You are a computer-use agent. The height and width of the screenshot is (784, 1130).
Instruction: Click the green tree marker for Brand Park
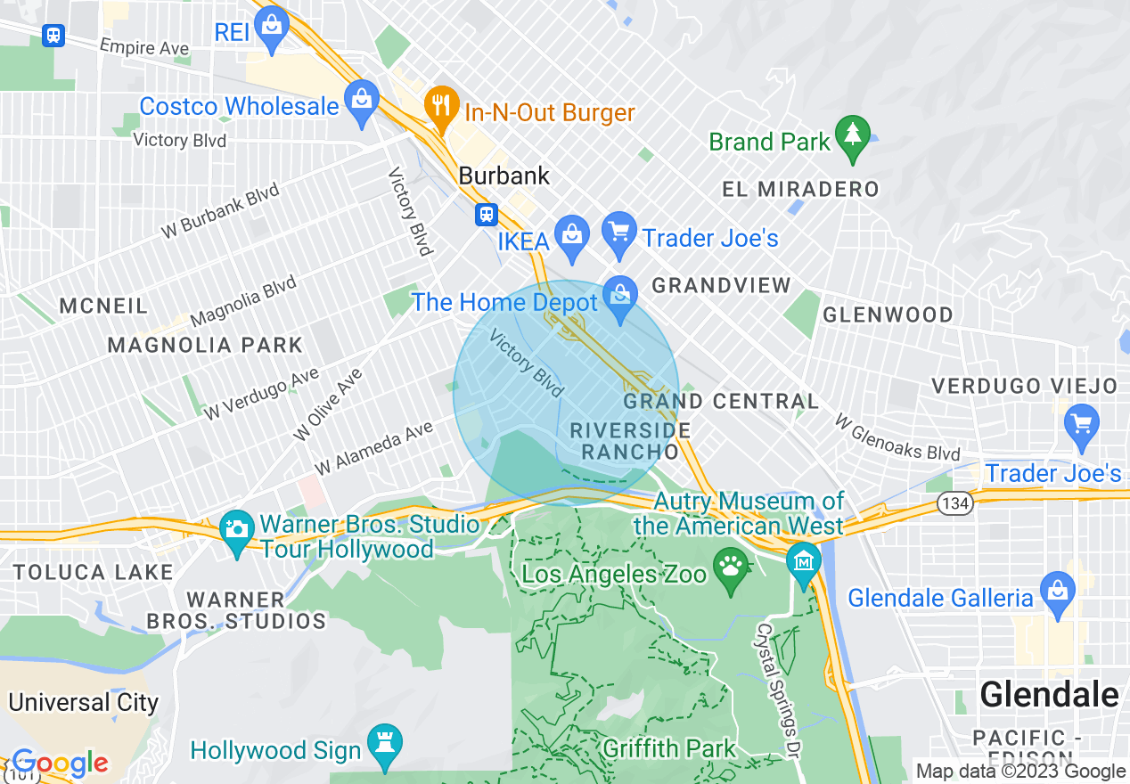pos(853,135)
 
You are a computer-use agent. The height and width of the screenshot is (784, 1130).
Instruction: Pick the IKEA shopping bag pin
pos(570,233)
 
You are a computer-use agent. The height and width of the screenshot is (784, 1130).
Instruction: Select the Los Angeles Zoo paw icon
pos(732,568)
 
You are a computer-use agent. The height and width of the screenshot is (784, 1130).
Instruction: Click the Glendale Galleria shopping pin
pos(1058,591)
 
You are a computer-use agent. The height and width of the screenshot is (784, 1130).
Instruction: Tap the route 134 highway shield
pos(954,504)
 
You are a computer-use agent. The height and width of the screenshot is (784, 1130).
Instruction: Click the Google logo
pos(60,764)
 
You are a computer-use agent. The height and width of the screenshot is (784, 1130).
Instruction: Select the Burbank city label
pos(504,176)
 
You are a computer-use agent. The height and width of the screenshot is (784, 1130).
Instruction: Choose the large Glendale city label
pos(1049,694)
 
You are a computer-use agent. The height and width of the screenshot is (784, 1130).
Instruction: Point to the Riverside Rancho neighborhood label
pos(630,441)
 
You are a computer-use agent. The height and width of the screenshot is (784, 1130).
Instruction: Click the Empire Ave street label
pos(144,46)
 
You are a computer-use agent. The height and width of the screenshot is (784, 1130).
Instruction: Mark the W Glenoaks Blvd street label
pos(897,437)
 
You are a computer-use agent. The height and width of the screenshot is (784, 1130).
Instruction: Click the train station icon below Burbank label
pos(486,215)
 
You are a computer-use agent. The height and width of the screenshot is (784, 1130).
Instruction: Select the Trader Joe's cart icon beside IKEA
pos(618,233)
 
